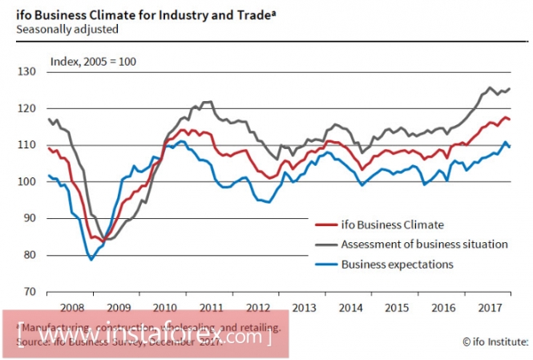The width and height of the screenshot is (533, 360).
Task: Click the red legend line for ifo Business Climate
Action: (325, 224)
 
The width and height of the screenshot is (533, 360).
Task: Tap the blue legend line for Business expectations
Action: (325, 264)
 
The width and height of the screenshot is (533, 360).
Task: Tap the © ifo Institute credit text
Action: (495, 342)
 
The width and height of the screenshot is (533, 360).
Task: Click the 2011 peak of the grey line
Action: (206, 102)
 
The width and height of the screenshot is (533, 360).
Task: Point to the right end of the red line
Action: (511, 119)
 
